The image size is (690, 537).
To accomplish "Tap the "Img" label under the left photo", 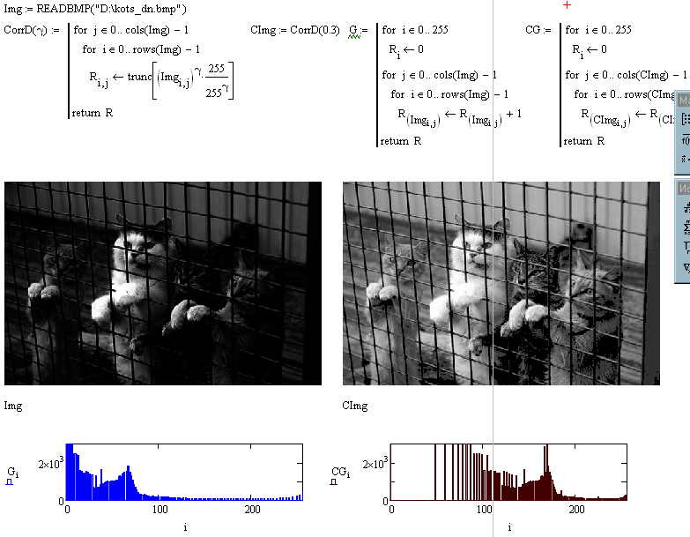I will pyautogui.click(x=13, y=406).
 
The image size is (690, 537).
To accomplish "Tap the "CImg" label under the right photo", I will pyautogui.click(x=354, y=406).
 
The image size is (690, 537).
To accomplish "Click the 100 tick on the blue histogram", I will pyautogui.click(x=160, y=510).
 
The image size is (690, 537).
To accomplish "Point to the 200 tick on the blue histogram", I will pyautogui.click(x=253, y=510).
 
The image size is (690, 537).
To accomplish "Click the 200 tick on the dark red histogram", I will pyautogui.click(x=577, y=510).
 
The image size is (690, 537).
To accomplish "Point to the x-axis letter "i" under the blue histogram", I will pyautogui.click(x=186, y=527).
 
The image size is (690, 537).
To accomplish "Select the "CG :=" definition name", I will pyautogui.click(x=538, y=30).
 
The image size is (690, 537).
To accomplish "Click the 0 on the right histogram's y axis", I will pyautogui.click(x=382, y=501).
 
